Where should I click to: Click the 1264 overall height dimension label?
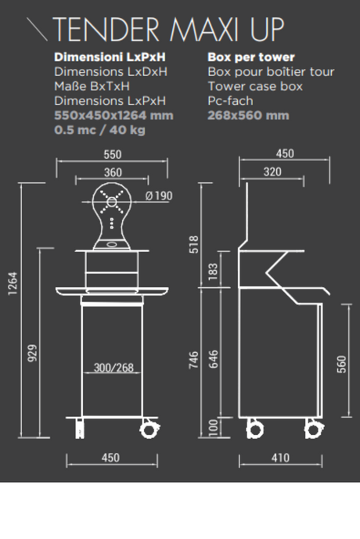click(13, 283)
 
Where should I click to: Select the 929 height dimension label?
click(32, 353)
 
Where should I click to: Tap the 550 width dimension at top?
click(113, 154)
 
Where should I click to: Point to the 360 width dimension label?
click(113, 172)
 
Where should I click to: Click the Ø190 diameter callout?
click(159, 196)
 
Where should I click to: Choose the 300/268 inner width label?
click(113, 368)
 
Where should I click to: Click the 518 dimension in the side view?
click(194, 244)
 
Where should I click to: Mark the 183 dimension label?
click(213, 271)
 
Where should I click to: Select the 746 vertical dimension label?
click(194, 360)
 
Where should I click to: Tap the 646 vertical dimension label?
click(213, 359)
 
